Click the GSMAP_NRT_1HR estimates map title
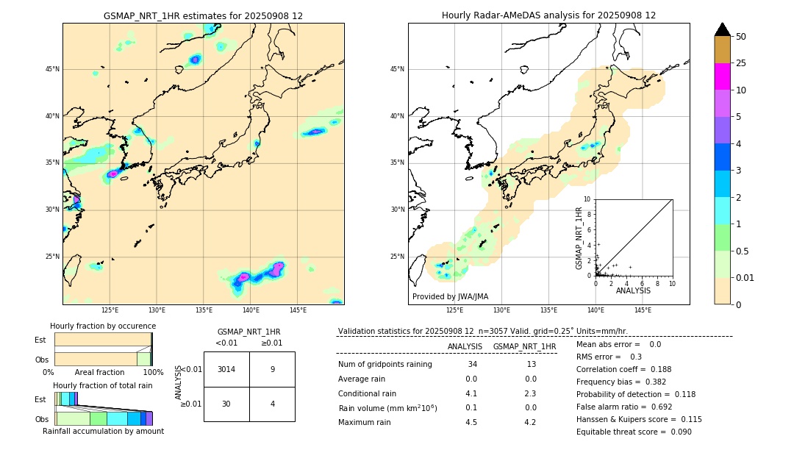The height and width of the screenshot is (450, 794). pos(203,15)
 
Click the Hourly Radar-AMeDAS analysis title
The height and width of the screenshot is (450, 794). pos(548,15)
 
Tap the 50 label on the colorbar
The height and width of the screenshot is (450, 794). pos(741,37)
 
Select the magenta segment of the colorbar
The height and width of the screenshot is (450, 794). pos(723,76)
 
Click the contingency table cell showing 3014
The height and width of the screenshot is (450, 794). pos(226,369)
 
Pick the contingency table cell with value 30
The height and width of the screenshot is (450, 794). pos(226,403)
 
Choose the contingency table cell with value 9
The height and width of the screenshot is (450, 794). pos(272,369)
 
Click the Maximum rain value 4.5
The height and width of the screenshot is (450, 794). pos(471,422)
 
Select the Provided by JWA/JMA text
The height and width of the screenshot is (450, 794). pos(450,297)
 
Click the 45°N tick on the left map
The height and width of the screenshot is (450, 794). pos(52,69)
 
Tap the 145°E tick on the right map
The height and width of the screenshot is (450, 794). pos(643,310)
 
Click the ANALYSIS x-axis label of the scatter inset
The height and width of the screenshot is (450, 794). pos(633,291)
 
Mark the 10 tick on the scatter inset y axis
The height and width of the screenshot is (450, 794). pos(587,199)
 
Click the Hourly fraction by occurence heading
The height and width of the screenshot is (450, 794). pos(103,326)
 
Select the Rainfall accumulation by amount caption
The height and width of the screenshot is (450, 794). pos(103,432)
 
